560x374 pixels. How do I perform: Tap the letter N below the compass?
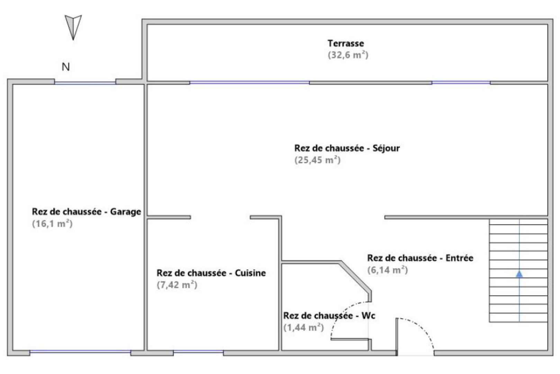coord(66,66)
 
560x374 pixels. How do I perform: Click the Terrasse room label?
coord(346,44)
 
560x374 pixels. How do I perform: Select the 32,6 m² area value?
coord(348,55)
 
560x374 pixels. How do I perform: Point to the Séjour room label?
coord(347,148)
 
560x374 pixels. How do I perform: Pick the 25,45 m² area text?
coord(317,160)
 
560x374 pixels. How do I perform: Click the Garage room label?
coord(87,212)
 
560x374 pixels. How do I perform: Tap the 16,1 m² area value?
coord(52,224)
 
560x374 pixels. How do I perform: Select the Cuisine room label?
coord(211,273)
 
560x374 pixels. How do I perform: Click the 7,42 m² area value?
coord(177,285)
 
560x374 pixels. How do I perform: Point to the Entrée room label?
coord(420,258)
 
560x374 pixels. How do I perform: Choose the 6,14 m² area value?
coord(387,270)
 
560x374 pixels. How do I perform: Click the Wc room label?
coord(329,316)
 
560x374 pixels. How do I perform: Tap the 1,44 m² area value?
coord(304,328)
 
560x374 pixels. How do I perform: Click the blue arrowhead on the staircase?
coord(519,274)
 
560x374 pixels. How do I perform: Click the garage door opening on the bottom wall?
coord(80,352)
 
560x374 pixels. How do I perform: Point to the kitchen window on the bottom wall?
coord(198,352)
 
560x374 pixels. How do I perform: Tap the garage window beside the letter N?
coord(85,82)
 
